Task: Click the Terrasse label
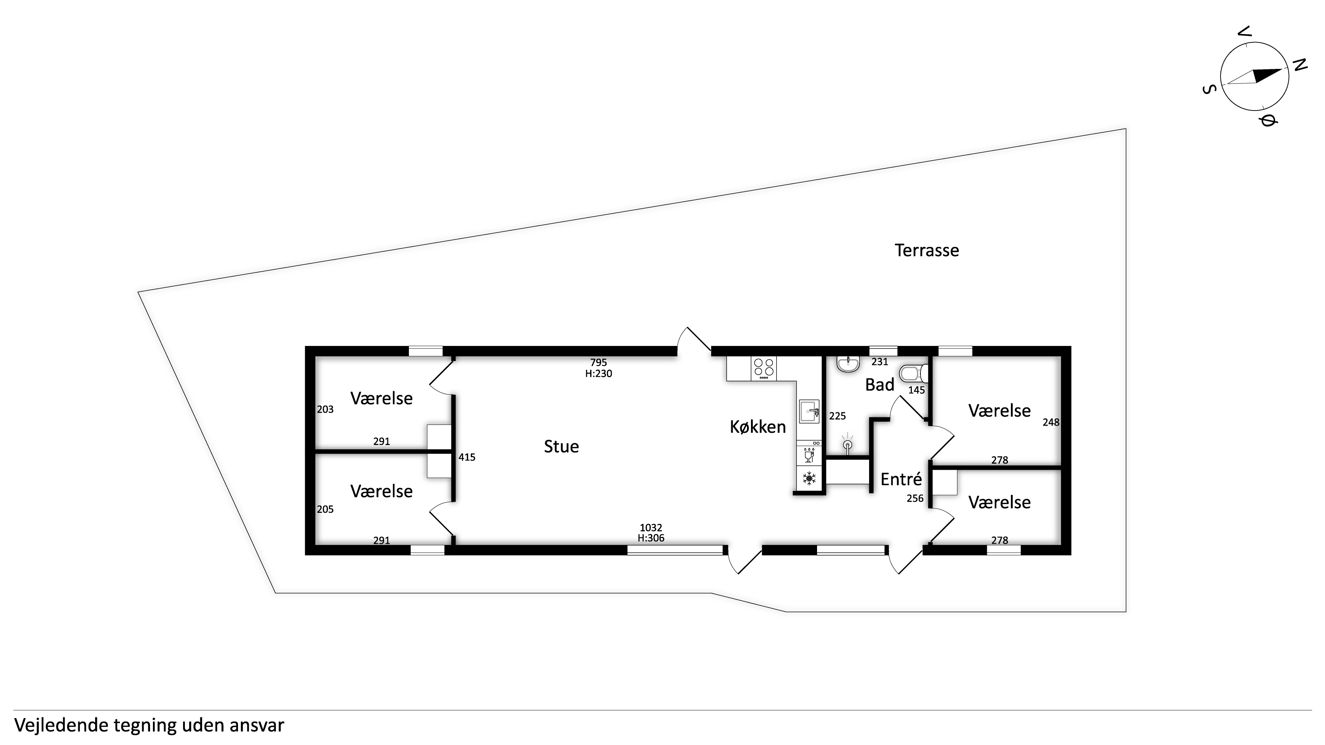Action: click(927, 250)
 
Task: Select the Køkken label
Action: click(758, 427)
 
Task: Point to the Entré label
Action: click(901, 479)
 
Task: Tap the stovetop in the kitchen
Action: click(764, 368)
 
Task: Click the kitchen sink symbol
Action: click(809, 411)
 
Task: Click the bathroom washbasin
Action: click(848, 364)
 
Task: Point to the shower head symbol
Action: click(847, 444)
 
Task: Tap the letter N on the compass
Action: click(1300, 65)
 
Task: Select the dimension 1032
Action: click(651, 528)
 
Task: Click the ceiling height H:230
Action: click(599, 374)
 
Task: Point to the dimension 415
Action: click(467, 457)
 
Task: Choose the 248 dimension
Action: click(1051, 422)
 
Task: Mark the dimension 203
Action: click(325, 409)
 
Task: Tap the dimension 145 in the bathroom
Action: click(916, 390)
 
